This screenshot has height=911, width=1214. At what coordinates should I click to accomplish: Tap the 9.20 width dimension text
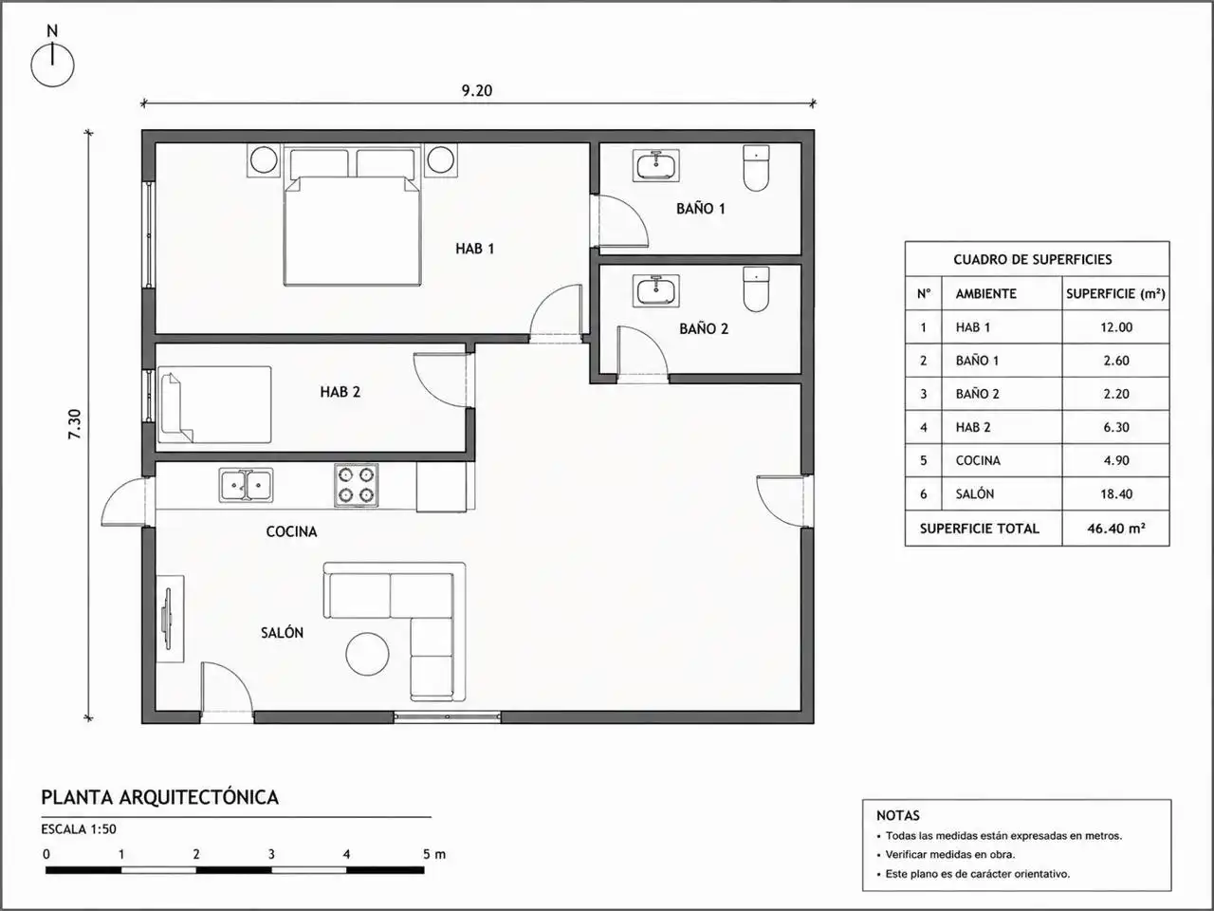tap(477, 90)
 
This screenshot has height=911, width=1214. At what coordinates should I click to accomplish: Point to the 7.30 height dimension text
tap(75, 424)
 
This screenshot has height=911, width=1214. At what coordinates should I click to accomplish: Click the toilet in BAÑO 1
tap(756, 168)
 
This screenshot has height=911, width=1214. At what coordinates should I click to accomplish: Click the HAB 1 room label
tap(474, 249)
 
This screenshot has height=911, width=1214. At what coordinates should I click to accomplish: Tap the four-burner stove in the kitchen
tap(357, 485)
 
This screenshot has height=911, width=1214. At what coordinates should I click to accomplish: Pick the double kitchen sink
tap(246, 485)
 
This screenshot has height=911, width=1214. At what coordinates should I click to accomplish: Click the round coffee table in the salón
tap(367, 654)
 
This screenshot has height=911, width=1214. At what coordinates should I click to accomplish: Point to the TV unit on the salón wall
tap(169, 619)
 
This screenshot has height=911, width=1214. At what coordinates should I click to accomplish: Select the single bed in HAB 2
tap(214, 404)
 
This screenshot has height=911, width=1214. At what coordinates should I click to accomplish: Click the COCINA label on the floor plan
tap(291, 531)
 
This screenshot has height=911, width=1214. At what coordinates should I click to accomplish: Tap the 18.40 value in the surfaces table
tap(1116, 494)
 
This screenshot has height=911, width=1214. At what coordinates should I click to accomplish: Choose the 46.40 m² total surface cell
tap(1116, 529)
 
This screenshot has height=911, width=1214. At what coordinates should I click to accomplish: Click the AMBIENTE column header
tap(986, 294)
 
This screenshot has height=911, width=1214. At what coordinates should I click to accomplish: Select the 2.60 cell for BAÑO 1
tap(1116, 361)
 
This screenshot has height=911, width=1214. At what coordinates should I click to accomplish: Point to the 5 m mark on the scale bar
tap(434, 854)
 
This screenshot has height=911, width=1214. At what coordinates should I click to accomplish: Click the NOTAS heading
tap(898, 815)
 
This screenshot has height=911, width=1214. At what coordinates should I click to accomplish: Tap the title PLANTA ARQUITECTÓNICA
tap(160, 797)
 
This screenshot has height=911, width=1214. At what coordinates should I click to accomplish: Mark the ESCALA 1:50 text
tap(79, 829)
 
